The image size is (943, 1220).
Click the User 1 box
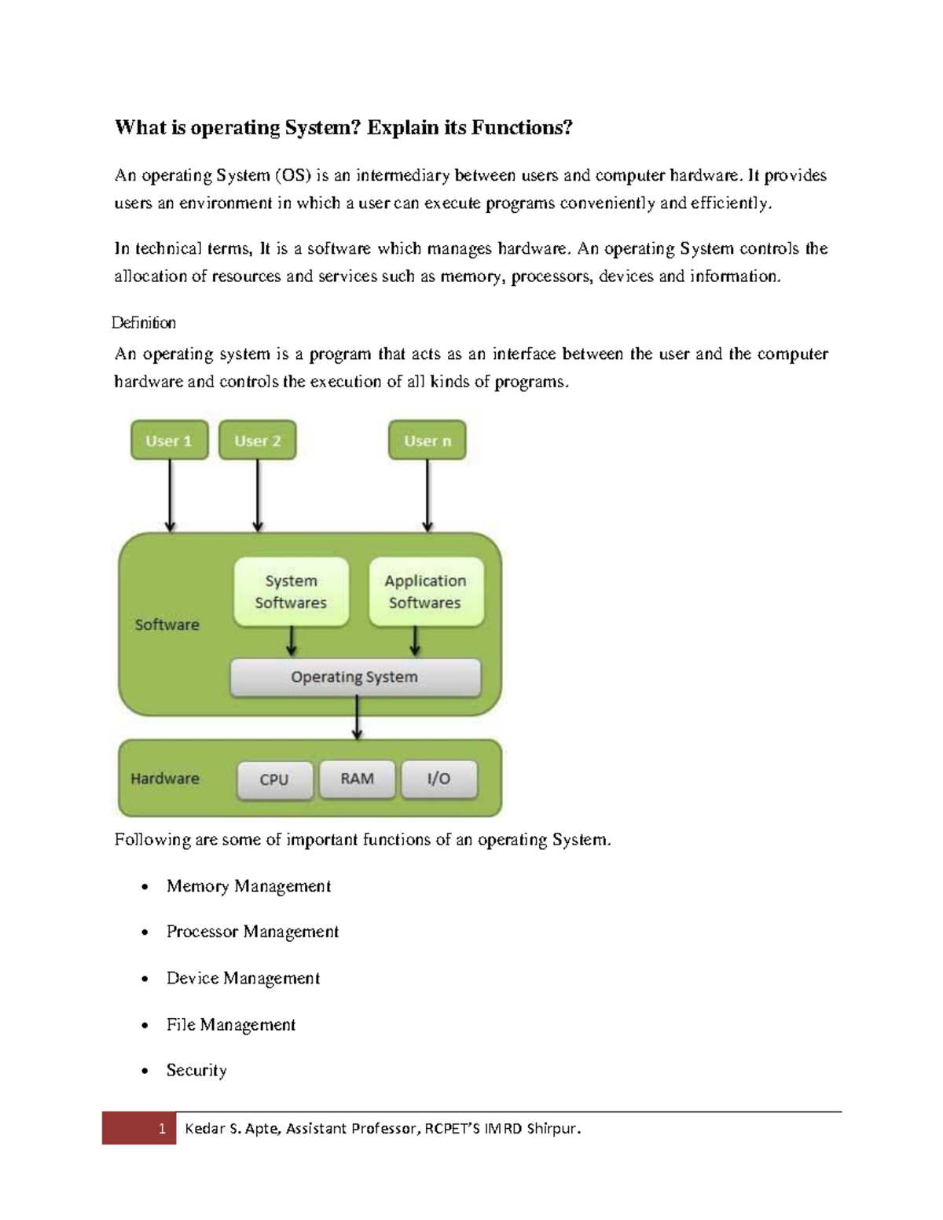point(169,441)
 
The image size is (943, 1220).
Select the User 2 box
point(257,441)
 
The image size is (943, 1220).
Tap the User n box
point(427,441)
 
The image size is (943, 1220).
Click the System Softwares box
point(291,592)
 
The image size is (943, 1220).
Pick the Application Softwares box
point(425,592)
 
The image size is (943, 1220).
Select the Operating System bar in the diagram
point(354,677)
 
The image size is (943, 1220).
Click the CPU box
point(274,779)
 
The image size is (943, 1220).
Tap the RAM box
point(357,779)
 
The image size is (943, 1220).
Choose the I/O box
point(438,779)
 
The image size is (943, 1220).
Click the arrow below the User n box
point(427,495)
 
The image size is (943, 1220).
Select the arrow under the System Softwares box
point(292,641)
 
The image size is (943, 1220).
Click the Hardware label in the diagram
point(164,779)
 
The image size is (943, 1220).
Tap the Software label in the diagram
point(167,625)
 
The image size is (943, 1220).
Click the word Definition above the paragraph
point(144,323)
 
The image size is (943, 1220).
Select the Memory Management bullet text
point(248,886)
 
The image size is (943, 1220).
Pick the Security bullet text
point(196,1070)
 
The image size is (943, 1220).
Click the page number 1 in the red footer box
point(161,1129)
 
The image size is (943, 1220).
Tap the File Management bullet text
point(231,1024)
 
